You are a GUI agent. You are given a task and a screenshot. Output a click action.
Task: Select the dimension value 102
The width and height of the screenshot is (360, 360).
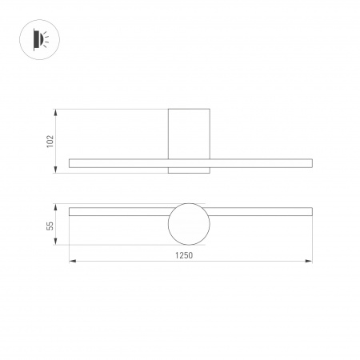point(50,141)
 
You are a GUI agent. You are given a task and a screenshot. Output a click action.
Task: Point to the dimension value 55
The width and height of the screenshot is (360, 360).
point(50,226)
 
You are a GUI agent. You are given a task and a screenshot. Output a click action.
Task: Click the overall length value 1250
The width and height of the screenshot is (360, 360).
point(185,255)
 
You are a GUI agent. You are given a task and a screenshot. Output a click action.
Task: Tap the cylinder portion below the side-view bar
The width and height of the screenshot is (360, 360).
point(189,170)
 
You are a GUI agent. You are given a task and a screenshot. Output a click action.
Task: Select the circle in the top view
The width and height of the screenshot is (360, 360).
point(189,223)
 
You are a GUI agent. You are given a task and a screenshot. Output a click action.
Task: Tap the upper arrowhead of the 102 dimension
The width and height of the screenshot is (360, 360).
point(56,110)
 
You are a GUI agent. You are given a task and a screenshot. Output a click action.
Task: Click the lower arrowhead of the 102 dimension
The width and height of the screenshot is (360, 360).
point(56,171)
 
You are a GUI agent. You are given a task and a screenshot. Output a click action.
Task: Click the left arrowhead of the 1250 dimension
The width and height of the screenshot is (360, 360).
point(71,261)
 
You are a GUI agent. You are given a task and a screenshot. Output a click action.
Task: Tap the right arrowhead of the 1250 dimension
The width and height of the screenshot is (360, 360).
point(310,261)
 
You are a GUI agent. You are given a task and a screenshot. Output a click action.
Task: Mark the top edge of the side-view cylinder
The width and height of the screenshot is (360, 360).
point(189,108)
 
